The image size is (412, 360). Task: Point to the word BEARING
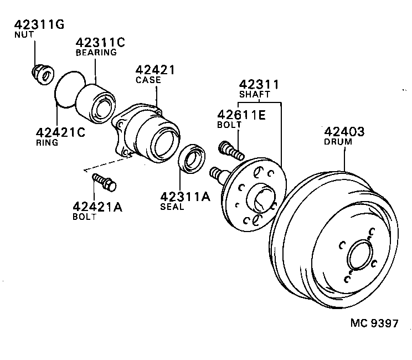tap(96, 53)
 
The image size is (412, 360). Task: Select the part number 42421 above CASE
tap(155, 70)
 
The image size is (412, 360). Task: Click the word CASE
tap(148, 80)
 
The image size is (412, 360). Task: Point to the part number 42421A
tap(97, 207)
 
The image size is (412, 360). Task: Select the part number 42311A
tap(186, 198)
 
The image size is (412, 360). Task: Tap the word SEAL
tap(172, 208)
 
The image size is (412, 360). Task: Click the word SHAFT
tap(254, 94)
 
